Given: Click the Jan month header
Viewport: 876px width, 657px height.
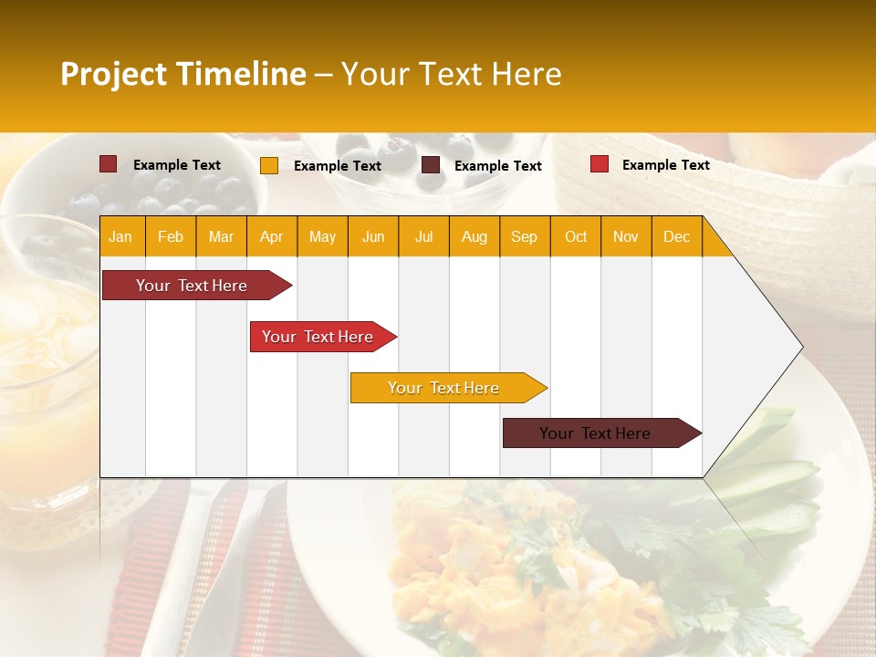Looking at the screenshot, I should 120,237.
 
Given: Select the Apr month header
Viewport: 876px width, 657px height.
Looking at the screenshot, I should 271,237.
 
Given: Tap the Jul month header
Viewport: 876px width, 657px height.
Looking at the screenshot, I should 423,237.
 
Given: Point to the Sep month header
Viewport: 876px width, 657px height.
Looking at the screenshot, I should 524,237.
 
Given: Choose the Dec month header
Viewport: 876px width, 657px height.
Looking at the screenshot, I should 676,237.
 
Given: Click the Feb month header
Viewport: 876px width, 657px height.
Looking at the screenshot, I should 171,237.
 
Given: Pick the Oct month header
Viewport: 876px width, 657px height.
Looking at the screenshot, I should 576,237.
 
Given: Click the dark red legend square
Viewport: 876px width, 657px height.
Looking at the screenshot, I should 109,164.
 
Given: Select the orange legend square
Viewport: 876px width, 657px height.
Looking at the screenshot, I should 269,165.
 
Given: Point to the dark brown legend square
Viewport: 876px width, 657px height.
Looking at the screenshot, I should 431,165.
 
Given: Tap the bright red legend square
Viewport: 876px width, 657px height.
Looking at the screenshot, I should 600,164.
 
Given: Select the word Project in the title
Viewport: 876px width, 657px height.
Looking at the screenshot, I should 114,74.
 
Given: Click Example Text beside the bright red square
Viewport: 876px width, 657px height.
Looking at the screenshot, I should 665,165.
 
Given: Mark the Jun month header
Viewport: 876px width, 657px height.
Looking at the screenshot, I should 373,237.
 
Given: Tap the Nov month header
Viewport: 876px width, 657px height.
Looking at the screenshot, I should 626,237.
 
